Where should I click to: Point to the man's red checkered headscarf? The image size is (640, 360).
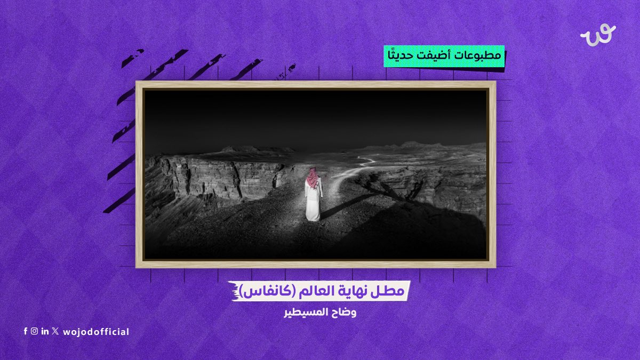point(313,178)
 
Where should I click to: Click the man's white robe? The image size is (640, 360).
point(313,203)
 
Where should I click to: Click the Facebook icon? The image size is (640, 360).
point(25,331)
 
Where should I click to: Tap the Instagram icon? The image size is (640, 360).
point(34,331)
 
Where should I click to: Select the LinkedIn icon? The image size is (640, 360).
point(45,331)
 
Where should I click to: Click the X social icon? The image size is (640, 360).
point(55,331)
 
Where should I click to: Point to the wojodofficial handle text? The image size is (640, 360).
point(96,332)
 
